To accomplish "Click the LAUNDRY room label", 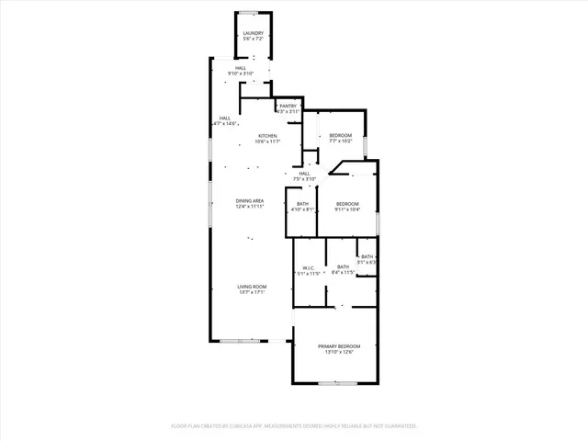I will pos(254,33).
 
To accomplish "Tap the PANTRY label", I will pos(288,107).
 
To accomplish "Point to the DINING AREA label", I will pos(250,200).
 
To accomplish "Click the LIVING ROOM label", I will pos(252,287).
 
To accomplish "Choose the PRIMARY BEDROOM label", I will pos(335,345).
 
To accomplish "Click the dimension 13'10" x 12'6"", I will pos(335,352).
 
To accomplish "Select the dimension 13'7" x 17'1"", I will pos(252,293).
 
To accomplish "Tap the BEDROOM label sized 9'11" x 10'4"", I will pos(346,203).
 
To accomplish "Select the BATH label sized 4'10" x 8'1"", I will pos(302,203).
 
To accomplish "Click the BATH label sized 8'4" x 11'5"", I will pos(344,266).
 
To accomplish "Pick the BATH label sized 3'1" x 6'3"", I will pos(367,256).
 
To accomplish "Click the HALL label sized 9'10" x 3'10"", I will pos(240,67).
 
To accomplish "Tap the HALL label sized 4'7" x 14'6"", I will pos(223,118).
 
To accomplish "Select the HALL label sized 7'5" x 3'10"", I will pos(304,173).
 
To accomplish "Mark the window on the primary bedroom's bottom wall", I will pos(336,382).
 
